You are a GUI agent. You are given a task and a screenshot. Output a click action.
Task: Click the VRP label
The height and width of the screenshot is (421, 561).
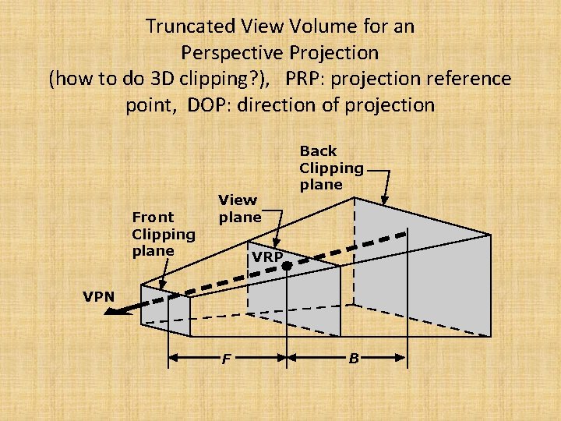(x=266, y=256)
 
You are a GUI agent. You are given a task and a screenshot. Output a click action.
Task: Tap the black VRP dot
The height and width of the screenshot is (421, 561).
(x=287, y=266)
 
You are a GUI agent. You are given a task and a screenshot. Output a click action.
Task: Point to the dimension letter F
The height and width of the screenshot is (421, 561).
(x=227, y=359)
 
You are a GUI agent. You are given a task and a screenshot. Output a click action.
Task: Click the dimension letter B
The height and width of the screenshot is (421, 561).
(x=354, y=359)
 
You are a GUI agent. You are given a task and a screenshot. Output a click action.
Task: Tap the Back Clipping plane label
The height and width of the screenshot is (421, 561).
(x=331, y=168)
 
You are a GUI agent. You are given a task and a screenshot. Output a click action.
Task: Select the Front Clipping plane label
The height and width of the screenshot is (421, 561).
(x=164, y=233)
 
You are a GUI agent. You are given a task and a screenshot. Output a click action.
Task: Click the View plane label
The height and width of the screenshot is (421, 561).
(x=240, y=208)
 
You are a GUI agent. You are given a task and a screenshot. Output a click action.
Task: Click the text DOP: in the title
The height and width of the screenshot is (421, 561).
(x=207, y=105)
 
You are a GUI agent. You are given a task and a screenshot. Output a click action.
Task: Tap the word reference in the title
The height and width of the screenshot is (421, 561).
(x=471, y=80)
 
